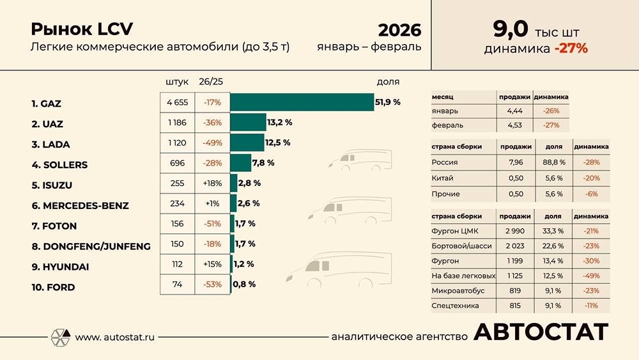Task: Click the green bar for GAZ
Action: pyautogui.click(x=302, y=102)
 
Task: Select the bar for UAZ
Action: pyautogui.click(x=248, y=122)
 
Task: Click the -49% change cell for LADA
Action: pyautogui.click(x=212, y=143)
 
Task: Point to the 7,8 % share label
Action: pyautogui.click(x=263, y=163)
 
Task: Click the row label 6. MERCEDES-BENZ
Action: pyautogui.click(x=80, y=206)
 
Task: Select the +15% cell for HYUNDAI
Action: pyautogui.click(x=212, y=264)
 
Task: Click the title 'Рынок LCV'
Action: pyautogui.click(x=82, y=29)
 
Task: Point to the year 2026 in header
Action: pyautogui.click(x=399, y=30)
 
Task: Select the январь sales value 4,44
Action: pyautogui.click(x=514, y=111)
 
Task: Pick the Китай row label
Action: pyautogui.click(x=442, y=178)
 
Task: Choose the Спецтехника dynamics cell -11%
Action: pyautogui.click(x=590, y=306)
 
